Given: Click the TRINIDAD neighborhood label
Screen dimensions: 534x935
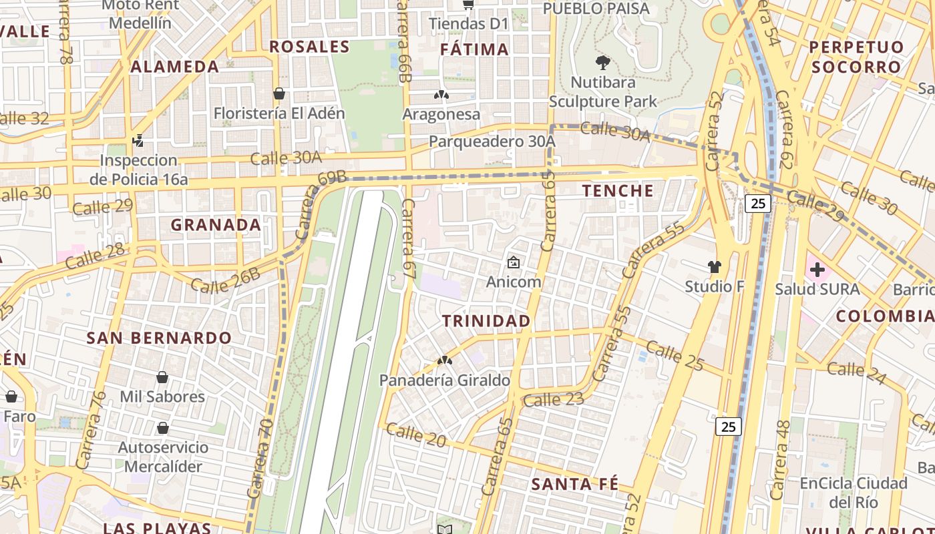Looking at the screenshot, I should [486, 321].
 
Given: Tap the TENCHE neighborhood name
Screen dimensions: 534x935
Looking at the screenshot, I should [618, 191].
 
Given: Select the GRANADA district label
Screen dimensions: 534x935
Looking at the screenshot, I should [216, 225].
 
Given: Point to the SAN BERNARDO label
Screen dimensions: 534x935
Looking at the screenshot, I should [159, 338].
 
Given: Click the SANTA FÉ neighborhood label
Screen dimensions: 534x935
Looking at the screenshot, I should [574, 485].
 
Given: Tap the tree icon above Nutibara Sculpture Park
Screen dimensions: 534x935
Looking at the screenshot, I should [603, 63].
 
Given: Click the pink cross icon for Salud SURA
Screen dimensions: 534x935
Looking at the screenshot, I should [817, 270].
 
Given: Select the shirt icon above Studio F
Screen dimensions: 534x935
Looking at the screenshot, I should [714, 267].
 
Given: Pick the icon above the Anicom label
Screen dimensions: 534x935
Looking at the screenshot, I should [513, 262].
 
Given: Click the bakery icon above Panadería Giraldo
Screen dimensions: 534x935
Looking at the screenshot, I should [444, 361].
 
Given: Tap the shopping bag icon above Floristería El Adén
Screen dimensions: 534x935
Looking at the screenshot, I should [279, 93].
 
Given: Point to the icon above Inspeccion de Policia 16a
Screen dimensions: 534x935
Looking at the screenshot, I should [138, 140].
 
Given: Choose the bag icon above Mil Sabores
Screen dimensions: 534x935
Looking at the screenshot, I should [162, 377].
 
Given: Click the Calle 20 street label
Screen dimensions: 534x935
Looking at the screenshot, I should [415, 435].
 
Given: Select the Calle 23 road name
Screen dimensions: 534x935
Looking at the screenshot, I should [554, 400].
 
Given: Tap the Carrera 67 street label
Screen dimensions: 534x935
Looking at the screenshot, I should [409, 238].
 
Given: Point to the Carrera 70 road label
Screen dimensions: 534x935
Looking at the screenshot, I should [260, 458].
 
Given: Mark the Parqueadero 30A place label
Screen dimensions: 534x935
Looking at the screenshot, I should [492, 142].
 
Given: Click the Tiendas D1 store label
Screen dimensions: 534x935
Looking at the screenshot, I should [468, 24].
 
